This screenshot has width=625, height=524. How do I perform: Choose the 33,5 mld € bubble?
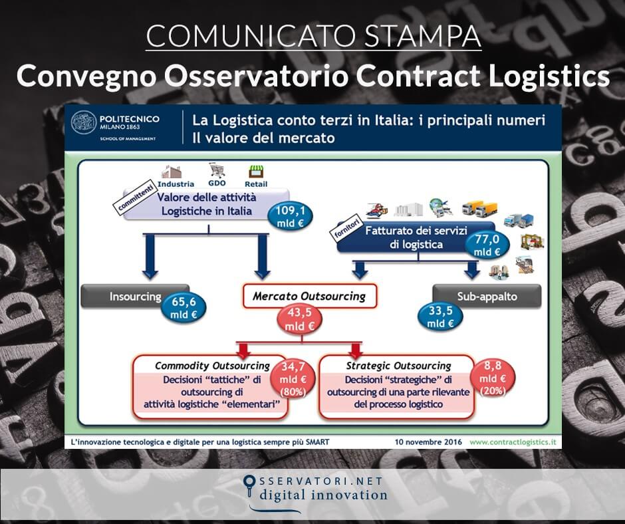click(441, 316)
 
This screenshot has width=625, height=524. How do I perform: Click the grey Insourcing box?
click(131, 296)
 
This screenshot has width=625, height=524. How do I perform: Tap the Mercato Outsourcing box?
click(309, 296)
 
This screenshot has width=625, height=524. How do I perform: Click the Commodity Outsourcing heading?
click(211, 366)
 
